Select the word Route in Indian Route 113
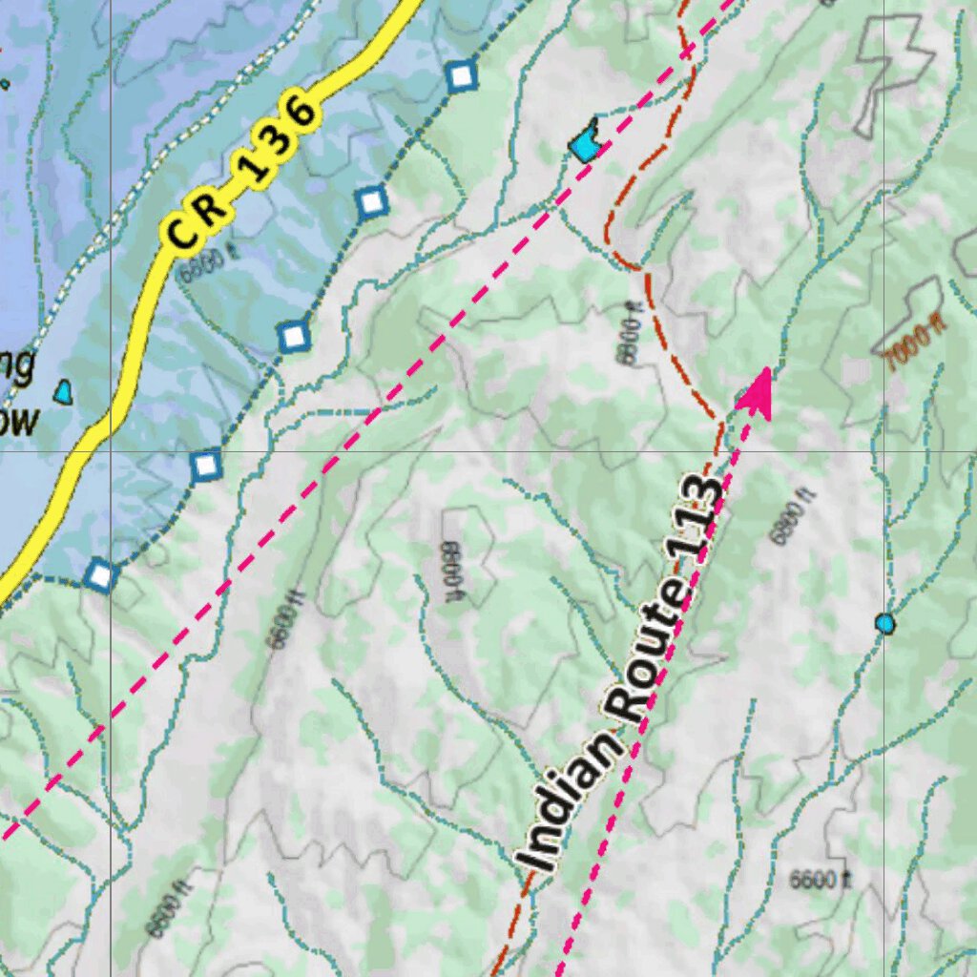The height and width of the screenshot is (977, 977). pyautogui.click(x=649, y=649)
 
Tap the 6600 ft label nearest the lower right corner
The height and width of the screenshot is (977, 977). pyautogui.click(x=820, y=879)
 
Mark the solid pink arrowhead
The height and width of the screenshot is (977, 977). pyautogui.click(x=757, y=393)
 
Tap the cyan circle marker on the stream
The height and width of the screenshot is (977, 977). pyautogui.click(x=885, y=624)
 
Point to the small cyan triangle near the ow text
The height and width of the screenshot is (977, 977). pyautogui.click(x=64, y=391)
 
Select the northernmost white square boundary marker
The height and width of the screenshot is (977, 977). pyautogui.click(x=461, y=76)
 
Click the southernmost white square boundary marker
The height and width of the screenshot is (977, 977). pyautogui.click(x=99, y=575)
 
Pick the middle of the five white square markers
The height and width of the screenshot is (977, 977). pyautogui.click(x=295, y=336)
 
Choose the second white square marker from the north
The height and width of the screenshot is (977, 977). pyautogui.click(x=372, y=201)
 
